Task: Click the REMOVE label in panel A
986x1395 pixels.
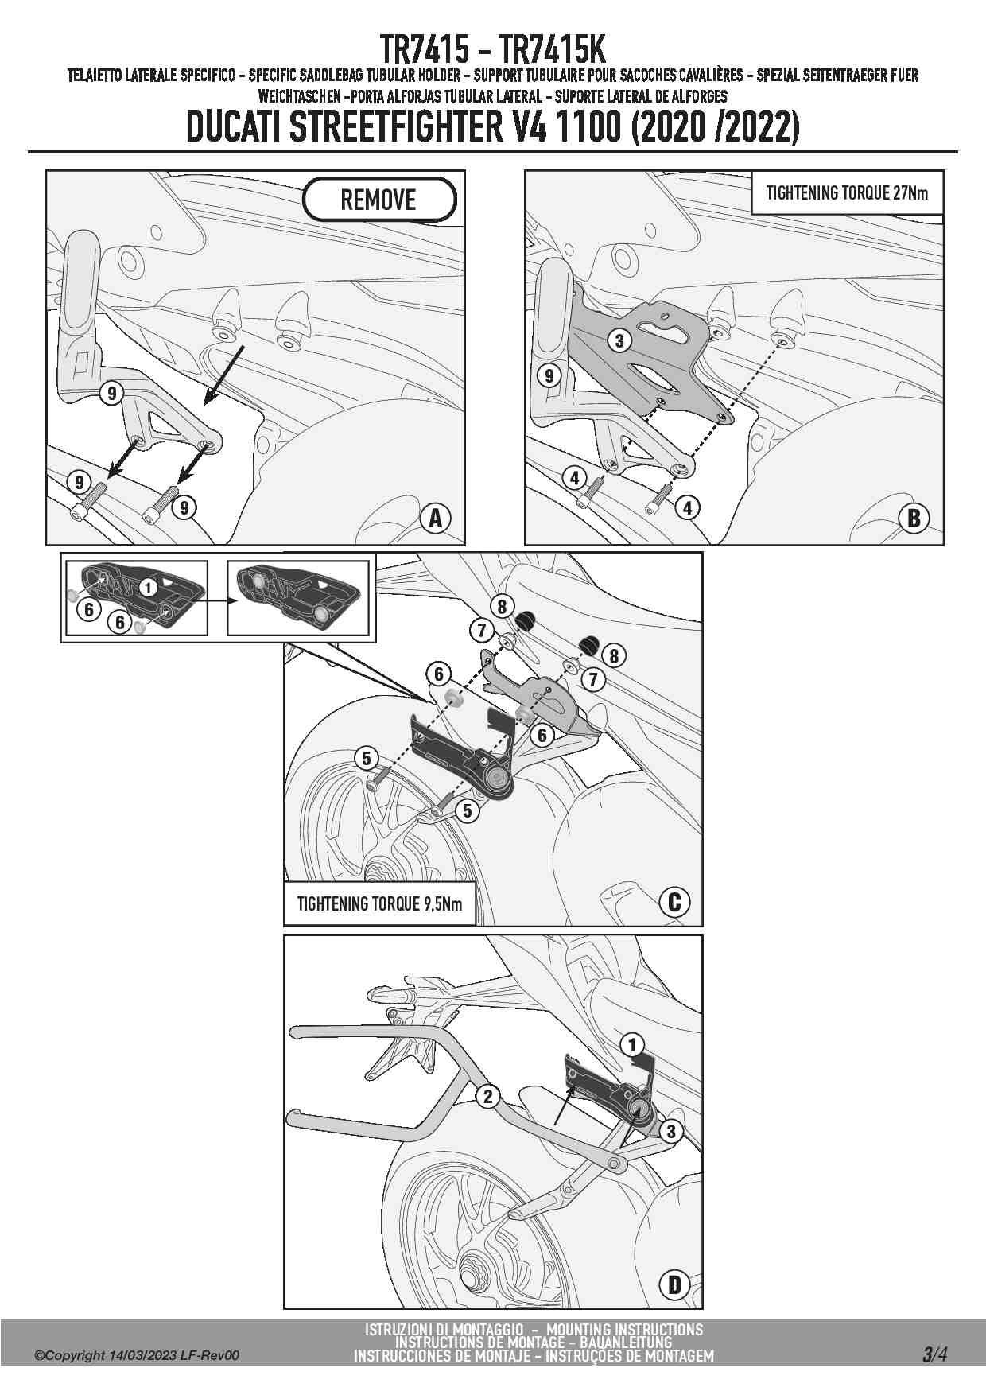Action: (379, 200)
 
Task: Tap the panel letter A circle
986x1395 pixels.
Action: (436, 519)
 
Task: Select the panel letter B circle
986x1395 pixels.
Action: (914, 519)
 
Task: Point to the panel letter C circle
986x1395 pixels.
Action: (674, 902)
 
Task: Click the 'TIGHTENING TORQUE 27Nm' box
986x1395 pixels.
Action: (847, 192)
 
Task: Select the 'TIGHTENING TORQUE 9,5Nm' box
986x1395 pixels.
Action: (379, 903)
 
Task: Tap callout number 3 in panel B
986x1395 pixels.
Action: (619, 341)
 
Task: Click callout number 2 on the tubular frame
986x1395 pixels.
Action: (487, 1097)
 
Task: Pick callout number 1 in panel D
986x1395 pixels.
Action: (633, 1044)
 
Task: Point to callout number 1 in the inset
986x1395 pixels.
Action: (149, 588)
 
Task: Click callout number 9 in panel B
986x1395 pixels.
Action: (549, 375)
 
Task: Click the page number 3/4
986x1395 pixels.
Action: (934, 1354)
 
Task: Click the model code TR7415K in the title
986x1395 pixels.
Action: (553, 50)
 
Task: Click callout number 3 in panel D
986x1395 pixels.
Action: (671, 1132)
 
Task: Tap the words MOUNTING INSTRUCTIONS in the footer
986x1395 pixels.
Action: (625, 1329)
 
